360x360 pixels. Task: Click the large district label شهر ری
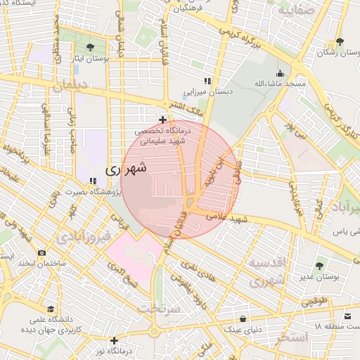127,169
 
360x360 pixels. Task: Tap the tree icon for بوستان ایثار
90,48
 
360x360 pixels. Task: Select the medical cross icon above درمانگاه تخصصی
163,120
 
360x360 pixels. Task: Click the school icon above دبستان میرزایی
207,82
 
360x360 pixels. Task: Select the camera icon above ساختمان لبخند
41,252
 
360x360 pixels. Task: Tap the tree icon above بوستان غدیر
319,266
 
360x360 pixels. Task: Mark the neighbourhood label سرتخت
159,308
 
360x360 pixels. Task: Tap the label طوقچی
315,302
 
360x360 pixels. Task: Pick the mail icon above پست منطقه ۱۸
348,316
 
